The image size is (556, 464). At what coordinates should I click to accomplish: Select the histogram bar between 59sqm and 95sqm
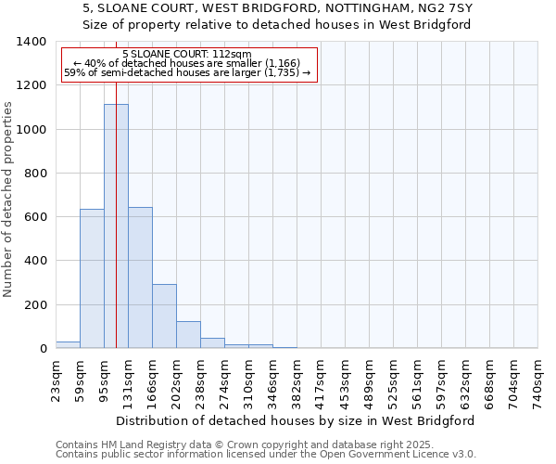[x=92, y=278]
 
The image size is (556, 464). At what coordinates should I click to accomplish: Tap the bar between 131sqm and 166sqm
[x=140, y=277]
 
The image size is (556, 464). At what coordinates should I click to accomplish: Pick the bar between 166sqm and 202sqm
[x=164, y=316]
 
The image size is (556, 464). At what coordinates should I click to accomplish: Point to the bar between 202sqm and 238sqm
[x=188, y=334]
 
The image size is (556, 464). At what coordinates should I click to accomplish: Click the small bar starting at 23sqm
[x=68, y=344]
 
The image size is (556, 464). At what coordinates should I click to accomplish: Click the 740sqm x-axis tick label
[x=537, y=381]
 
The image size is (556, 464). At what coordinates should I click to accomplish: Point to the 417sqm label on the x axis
[x=321, y=381]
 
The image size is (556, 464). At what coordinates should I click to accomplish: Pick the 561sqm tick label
[x=417, y=381]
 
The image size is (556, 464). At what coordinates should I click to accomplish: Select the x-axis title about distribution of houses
[x=297, y=420]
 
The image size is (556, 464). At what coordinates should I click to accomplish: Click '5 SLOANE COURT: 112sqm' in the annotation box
[x=186, y=55]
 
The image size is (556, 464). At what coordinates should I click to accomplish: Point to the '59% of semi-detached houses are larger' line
[x=186, y=72]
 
